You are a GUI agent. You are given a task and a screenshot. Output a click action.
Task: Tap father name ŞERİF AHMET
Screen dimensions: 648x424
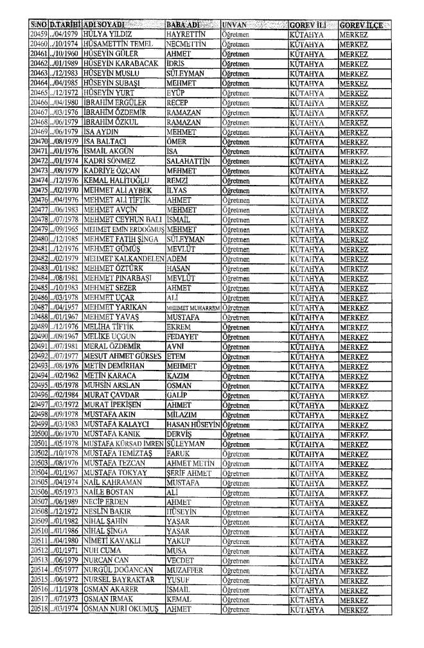pyautogui.click(x=189, y=473)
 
